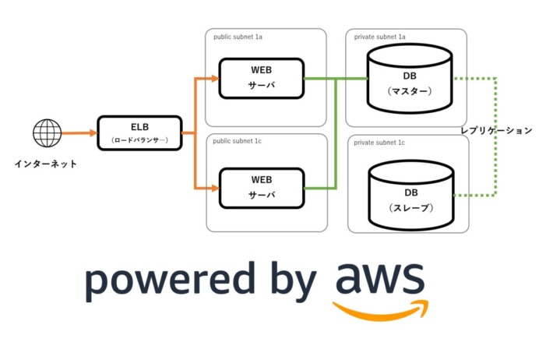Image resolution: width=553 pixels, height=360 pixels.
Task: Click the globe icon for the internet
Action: tap(47, 133)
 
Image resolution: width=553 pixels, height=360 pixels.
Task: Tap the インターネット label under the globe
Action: tap(46, 164)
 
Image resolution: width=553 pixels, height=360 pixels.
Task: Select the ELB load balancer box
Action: tap(139, 133)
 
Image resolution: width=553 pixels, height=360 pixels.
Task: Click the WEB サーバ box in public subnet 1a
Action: tap(261, 78)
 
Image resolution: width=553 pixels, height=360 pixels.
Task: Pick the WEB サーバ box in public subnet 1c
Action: tap(261, 188)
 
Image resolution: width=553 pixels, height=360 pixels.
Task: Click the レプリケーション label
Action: tap(496, 131)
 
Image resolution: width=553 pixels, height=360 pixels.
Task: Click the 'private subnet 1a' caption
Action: tap(380, 37)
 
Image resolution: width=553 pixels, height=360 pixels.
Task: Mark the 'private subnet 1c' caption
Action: tap(380, 143)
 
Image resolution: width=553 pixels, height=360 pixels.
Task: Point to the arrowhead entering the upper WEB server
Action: tap(214, 78)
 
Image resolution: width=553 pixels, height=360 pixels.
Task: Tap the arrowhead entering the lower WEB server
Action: tap(214, 188)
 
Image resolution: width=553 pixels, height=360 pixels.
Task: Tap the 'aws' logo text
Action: tap(380, 279)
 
